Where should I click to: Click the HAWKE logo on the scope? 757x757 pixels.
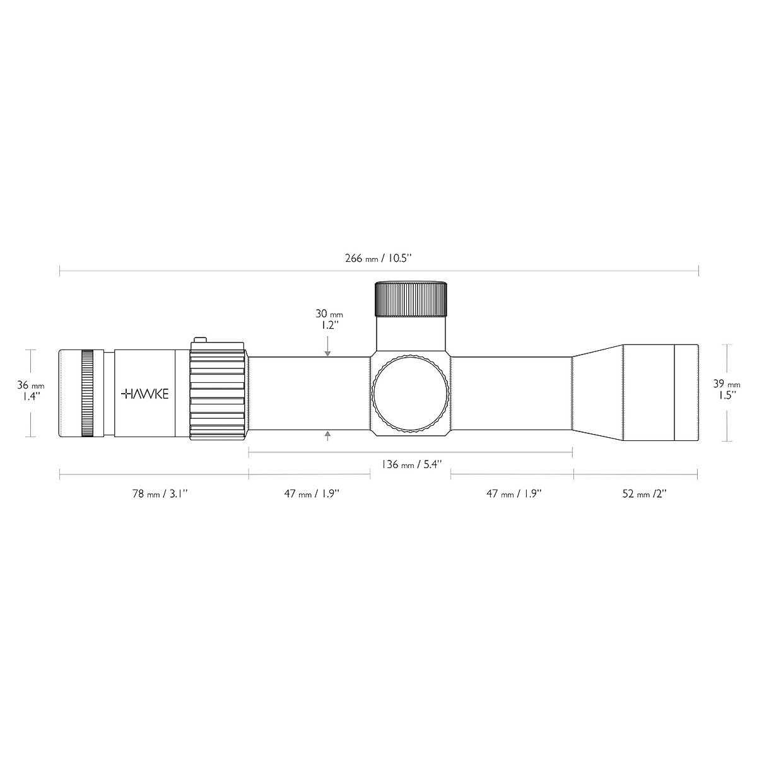[144, 394]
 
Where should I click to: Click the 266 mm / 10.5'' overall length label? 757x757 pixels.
[378, 258]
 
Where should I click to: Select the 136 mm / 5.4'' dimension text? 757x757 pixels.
[411, 464]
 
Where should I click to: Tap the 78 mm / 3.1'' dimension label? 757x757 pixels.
[159, 494]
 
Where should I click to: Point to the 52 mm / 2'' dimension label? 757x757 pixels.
[644, 494]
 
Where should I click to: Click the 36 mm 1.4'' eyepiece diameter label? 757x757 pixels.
[30, 391]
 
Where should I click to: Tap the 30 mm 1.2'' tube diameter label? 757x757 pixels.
[327, 319]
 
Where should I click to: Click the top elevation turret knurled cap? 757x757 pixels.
[412, 299]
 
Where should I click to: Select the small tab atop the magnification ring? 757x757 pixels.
[200, 341]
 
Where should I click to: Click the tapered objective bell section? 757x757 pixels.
[597, 392]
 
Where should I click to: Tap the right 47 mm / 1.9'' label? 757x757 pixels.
[513, 494]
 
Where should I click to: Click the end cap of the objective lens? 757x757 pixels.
[686, 392]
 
